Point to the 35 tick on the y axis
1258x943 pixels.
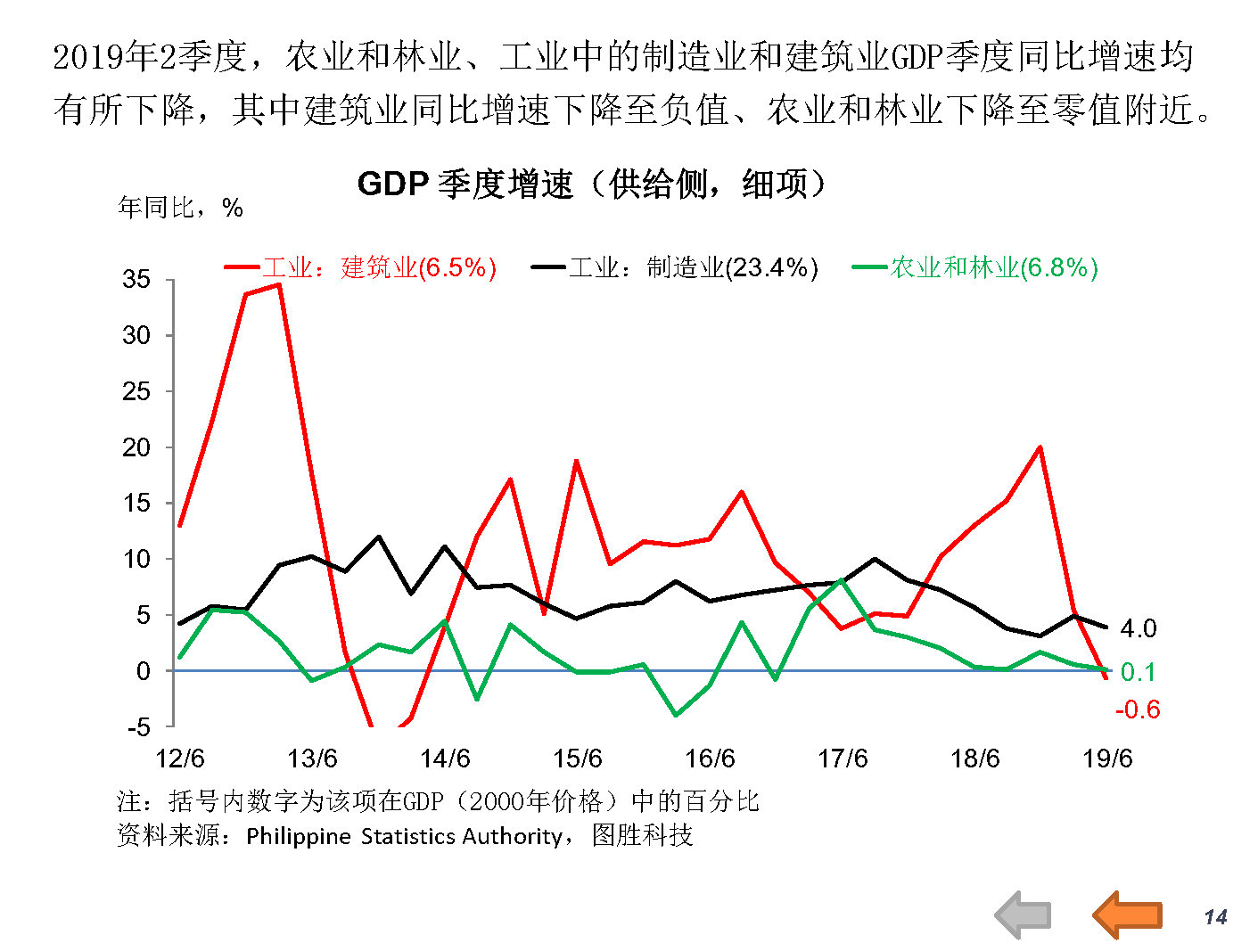[x=136, y=280]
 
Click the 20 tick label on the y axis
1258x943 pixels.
[x=136, y=447]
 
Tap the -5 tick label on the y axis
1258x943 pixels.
[x=138, y=727]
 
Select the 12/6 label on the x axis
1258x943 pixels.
[x=180, y=758]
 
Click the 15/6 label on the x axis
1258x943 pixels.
[x=578, y=758]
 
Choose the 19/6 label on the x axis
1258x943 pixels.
[x=1107, y=758]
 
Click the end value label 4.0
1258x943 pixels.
[x=1138, y=628]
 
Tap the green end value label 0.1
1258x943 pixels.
[x=1138, y=671]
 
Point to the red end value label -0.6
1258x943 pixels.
[x=1138, y=709]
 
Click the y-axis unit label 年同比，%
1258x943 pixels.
[x=181, y=209]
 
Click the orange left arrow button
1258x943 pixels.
[x=1127, y=914]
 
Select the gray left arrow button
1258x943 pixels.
[x=1024, y=915]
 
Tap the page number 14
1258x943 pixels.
[x=1215, y=916]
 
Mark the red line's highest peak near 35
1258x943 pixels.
[x=279, y=285]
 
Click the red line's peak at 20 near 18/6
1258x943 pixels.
[x=1040, y=447]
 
